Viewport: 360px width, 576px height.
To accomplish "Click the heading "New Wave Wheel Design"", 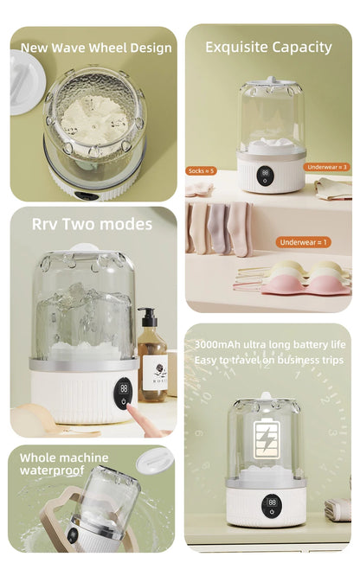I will pyautogui.click(x=96, y=48).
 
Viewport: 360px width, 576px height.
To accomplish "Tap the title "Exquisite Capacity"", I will pyautogui.click(x=268, y=47).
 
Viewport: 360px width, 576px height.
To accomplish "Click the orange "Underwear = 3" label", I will pyautogui.click(x=327, y=166).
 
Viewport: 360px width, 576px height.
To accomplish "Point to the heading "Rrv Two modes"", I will pyautogui.click(x=92, y=224).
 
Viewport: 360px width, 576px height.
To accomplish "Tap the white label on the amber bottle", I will pyautogui.click(x=154, y=368).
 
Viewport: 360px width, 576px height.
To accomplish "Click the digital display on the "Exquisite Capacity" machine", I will pyautogui.click(x=266, y=172).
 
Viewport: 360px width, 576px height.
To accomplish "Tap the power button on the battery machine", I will pyautogui.click(x=271, y=512).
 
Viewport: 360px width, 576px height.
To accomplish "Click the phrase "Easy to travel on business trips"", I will pyautogui.click(x=268, y=359).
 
